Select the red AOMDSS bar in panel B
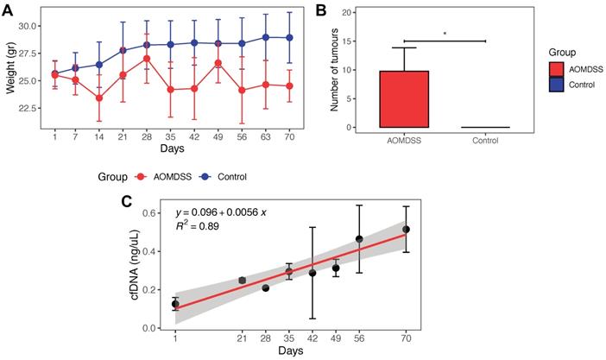point(404,98)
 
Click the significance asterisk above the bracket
point(445,35)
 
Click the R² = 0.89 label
point(197,227)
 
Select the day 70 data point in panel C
point(405,230)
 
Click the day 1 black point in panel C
point(175,304)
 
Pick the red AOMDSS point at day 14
point(99,98)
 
